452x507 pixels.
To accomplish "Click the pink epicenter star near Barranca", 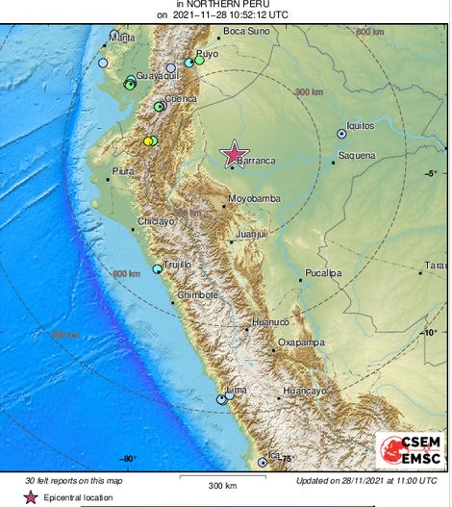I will pos(234,153).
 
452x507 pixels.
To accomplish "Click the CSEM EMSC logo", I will pos(410,450).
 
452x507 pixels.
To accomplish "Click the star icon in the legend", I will pos(31,497).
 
